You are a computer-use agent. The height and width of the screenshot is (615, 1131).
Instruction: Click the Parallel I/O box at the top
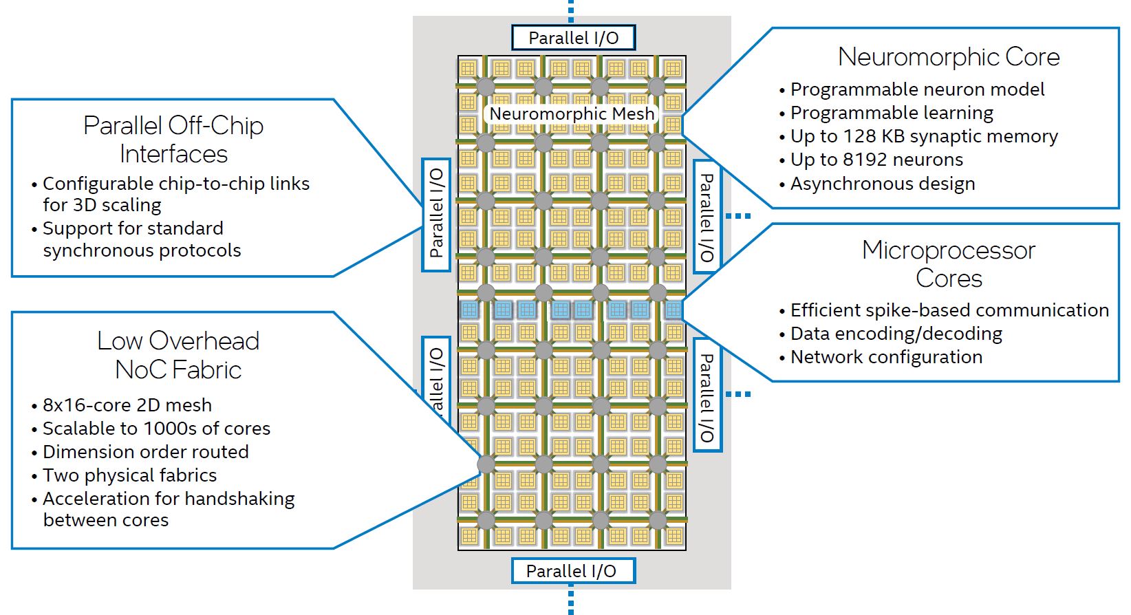click(573, 38)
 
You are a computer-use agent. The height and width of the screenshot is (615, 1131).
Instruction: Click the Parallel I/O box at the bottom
click(571, 571)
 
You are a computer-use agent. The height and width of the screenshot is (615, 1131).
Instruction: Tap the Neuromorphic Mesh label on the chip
click(572, 114)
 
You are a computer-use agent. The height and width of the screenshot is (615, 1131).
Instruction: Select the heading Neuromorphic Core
click(948, 57)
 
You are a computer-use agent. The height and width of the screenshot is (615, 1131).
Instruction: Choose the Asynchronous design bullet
click(882, 184)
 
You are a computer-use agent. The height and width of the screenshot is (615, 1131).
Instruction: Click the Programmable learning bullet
click(891, 113)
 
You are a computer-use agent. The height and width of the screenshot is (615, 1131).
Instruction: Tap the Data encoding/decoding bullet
click(896, 334)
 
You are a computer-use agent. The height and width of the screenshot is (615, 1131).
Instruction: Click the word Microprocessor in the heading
click(948, 250)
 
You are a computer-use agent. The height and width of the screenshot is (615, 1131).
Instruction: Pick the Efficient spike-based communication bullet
click(949, 310)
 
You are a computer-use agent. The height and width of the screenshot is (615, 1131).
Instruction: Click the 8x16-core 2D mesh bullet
click(127, 405)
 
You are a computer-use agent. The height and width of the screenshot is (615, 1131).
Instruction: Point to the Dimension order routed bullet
click(145, 452)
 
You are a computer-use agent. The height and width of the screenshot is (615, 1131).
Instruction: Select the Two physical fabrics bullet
click(129, 475)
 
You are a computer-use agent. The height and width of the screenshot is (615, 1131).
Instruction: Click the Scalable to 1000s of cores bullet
click(156, 429)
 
